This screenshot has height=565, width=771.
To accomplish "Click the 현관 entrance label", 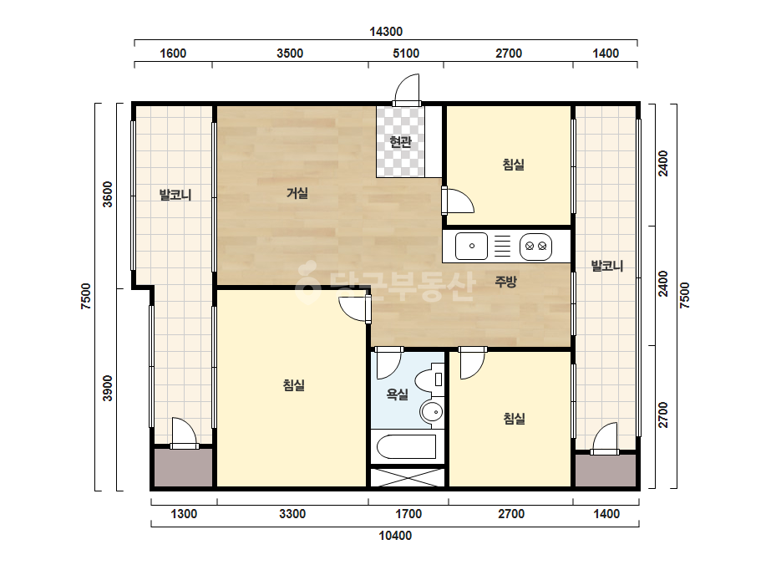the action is pyautogui.click(x=400, y=142).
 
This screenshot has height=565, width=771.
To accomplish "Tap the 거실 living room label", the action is pyautogui.click(x=297, y=193).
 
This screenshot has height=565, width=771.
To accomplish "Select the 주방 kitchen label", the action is pyautogui.click(x=505, y=282).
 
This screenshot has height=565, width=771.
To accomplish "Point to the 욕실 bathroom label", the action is pyautogui.click(x=398, y=394).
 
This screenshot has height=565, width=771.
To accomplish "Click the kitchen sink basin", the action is pyautogui.click(x=472, y=246).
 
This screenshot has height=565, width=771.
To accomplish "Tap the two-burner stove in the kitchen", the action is pyautogui.click(x=536, y=246).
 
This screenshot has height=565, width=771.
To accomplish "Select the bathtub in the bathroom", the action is pyautogui.click(x=407, y=446).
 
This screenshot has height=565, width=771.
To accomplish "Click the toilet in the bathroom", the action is pyautogui.click(x=429, y=380).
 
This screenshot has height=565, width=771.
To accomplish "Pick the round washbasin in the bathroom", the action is pyautogui.click(x=432, y=411).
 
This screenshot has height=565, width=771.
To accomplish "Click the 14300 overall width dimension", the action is pyautogui.click(x=386, y=32).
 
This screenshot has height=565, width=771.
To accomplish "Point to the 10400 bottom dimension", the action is pyautogui.click(x=395, y=536).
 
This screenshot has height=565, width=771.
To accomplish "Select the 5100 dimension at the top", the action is pyautogui.click(x=406, y=53).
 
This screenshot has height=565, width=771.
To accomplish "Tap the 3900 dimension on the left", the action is pyautogui.click(x=107, y=389).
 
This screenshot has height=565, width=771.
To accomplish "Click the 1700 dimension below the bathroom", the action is pyautogui.click(x=408, y=514).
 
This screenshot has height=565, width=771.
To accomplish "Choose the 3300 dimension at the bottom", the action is pyautogui.click(x=292, y=514).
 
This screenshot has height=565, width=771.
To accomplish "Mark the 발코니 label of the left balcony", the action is pyautogui.click(x=175, y=195).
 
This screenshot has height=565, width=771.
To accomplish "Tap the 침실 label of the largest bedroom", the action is pyautogui.click(x=293, y=384).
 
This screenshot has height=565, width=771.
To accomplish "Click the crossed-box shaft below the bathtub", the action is pyautogui.click(x=407, y=477).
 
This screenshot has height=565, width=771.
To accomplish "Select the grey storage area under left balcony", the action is pyautogui.click(x=183, y=467).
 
